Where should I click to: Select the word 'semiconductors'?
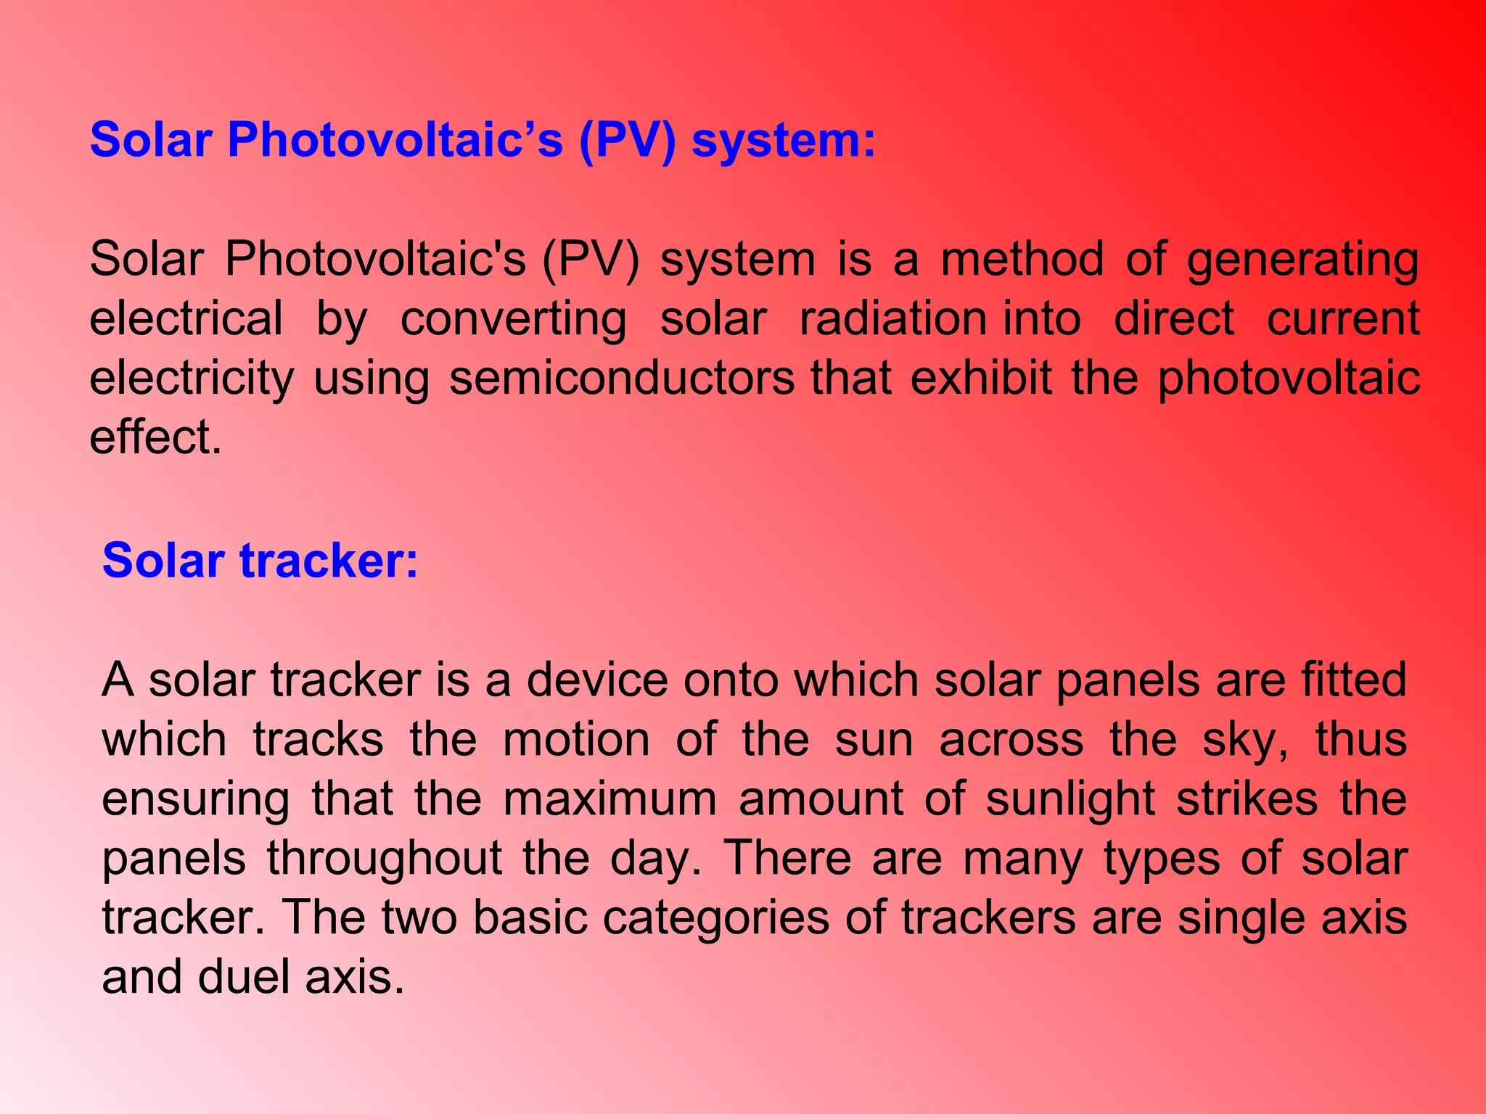[622, 379]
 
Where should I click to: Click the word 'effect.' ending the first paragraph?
[155, 438]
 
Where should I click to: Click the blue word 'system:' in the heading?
[784, 141]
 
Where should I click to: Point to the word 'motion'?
[576, 740]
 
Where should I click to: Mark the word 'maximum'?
[609, 799]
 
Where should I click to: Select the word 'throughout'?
[385, 859]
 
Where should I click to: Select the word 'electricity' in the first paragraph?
[192, 379]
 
